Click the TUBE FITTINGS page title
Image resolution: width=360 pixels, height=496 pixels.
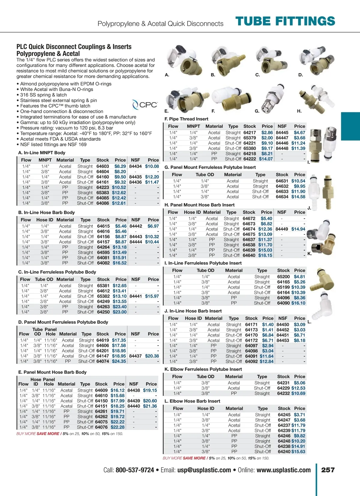pyautogui.click(x=285, y=21)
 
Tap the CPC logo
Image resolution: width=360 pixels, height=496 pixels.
pyautogui.click(x=145, y=105)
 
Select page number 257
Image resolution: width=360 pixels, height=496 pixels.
pyautogui.click(x=328, y=470)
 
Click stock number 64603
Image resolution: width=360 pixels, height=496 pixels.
pyautogui.click(x=103, y=166)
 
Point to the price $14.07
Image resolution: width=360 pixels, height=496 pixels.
pyautogui.click(x=266, y=159)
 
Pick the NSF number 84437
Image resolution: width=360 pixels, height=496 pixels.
pyautogui.click(x=135, y=356)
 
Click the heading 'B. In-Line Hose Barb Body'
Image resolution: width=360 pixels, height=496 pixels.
pyautogui.click(x=46, y=212)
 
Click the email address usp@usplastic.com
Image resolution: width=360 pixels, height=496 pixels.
pyautogui.click(x=204, y=470)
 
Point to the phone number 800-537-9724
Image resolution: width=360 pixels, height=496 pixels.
pyautogui.click(x=135, y=470)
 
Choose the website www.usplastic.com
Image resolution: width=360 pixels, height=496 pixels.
pyautogui.click(x=283, y=470)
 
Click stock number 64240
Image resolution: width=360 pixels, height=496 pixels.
pyautogui.click(x=284, y=452)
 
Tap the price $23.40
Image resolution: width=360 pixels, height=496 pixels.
pyautogui.click(x=120, y=307)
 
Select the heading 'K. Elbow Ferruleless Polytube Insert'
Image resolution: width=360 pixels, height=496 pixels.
pyautogui.click(x=203, y=369)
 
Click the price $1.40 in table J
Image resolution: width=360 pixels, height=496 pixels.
pyautogui.click(x=268, y=325)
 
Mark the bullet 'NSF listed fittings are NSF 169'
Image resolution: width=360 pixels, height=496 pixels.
pyautogui.click(x=53, y=144)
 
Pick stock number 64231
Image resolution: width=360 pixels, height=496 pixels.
pyautogui.click(x=283, y=383)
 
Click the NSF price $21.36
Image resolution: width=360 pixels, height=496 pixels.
pyautogui.click(x=150, y=406)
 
